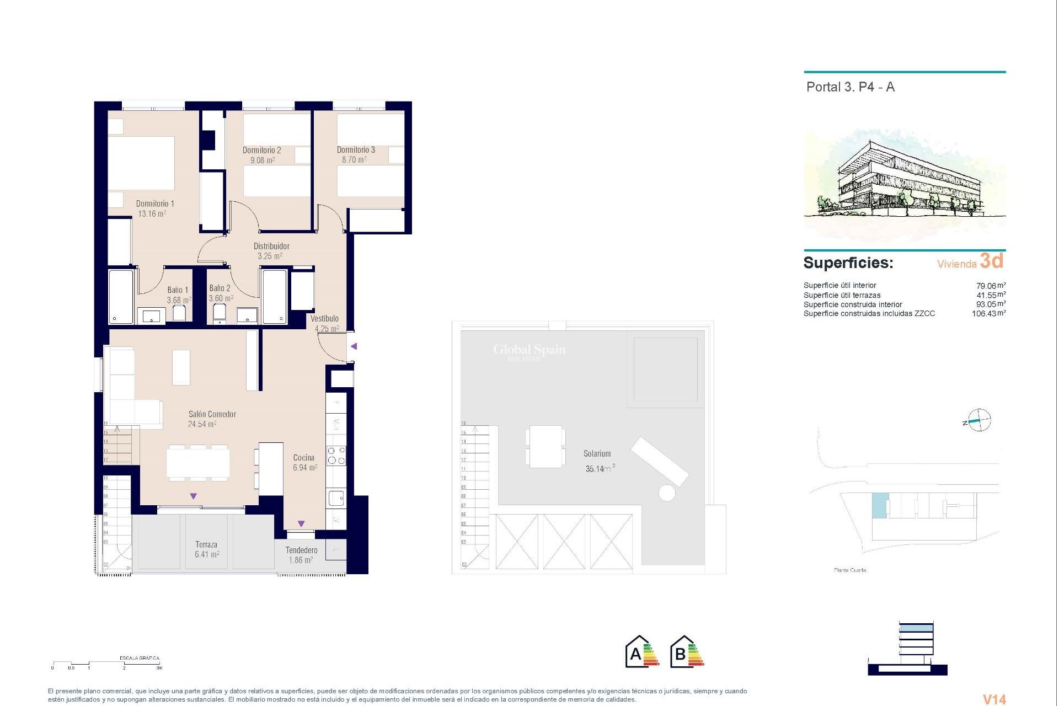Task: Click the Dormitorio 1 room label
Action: pyautogui.click(x=155, y=204)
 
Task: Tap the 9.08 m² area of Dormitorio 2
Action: pyautogui.click(x=262, y=161)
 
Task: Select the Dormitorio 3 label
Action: pyautogui.click(x=356, y=150)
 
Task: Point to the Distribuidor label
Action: pyautogui.click(x=271, y=246)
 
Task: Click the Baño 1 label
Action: pyautogui.click(x=178, y=290)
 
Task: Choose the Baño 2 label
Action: pyautogui.click(x=220, y=288)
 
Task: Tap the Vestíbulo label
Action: pyautogui.click(x=324, y=318)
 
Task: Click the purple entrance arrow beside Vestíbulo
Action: pyautogui.click(x=354, y=346)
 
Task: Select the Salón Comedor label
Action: pyautogui.click(x=212, y=414)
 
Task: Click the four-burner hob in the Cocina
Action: pyautogui.click(x=336, y=455)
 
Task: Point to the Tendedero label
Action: pyautogui.click(x=301, y=550)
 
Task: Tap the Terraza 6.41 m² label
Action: pyautogui.click(x=206, y=549)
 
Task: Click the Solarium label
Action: pyautogui.click(x=597, y=453)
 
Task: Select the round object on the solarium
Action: pyautogui.click(x=666, y=493)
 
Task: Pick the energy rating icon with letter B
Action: pyautogui.click(x=687, y=652)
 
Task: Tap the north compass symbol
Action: pyautogui.click(x=978, y=421)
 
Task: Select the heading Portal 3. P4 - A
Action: pyautogui.click(x=850, y=87)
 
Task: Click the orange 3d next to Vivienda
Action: pyautogui.click(x=991, y=261)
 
